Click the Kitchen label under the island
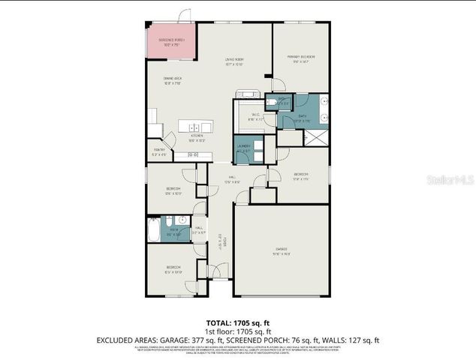click(197, 137)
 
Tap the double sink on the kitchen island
click(193, 127)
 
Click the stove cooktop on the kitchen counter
click(193, 154)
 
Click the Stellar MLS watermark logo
click(448, 181)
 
